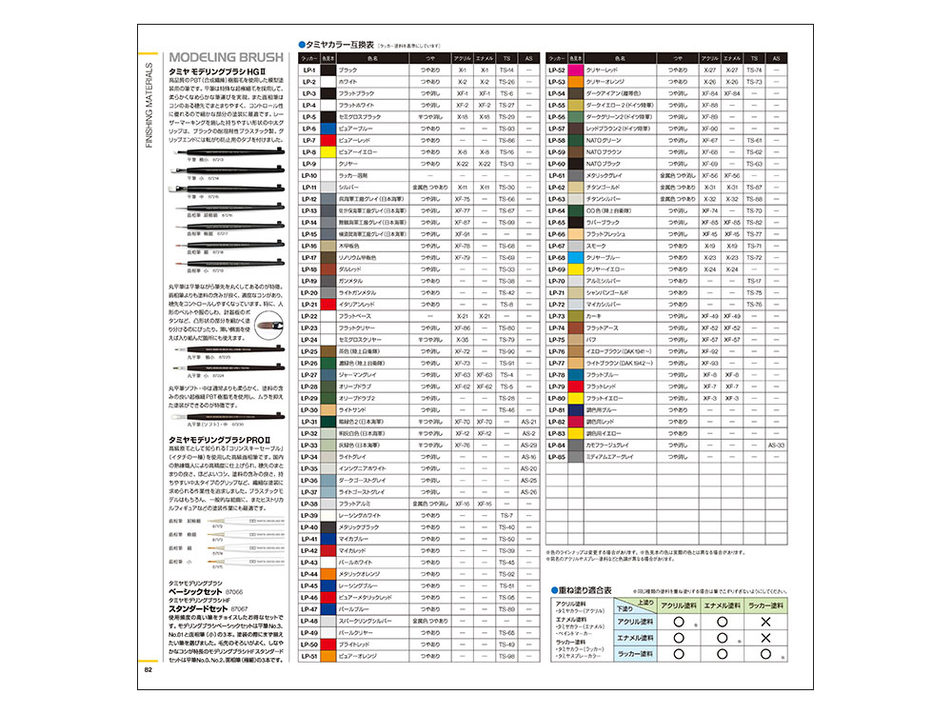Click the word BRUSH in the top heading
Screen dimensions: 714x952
point(244,55)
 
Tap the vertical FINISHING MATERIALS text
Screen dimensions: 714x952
point(149,106)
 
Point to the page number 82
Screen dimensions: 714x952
point(149,668)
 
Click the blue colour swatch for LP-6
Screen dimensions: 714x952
point(327,129)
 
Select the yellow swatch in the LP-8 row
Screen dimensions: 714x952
point(327,151)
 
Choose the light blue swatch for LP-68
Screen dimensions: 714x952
point(574,257)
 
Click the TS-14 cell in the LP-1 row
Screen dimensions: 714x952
point(506,70)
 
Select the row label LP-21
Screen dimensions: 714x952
point(308,304)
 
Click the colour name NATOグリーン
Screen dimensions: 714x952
point(610,140)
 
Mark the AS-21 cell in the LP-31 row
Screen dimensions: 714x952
point(529,421)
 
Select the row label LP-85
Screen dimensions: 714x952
point(558,456)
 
